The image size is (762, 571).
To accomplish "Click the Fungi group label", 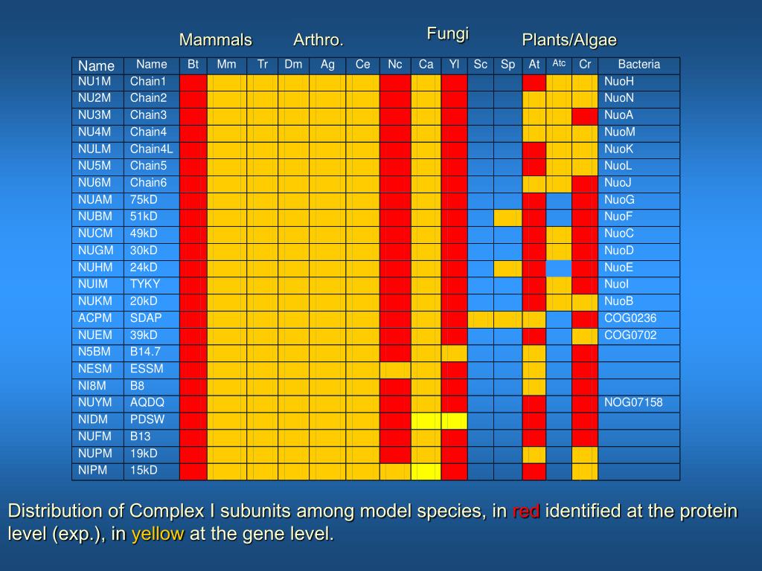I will point(447,33).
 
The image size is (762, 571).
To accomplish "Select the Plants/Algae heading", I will point(569,39).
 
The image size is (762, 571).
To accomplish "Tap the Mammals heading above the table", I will point(215,39).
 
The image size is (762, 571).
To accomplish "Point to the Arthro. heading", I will point(318,39).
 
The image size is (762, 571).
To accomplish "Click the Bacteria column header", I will point(638,65).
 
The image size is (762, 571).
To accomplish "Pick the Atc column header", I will point(559,64).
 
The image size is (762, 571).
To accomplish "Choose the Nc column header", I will point(394,65).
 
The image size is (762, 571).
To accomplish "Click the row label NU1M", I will point(95,81).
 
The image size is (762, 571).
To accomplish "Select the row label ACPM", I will point(95,318).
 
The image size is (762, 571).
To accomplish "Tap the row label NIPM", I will point(94,470).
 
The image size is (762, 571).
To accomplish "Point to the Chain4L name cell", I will point(151,149).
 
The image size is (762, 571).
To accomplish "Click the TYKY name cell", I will point(145,284).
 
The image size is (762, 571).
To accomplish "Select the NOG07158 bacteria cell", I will point(633,402).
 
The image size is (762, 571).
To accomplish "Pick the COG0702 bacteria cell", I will point(630,335).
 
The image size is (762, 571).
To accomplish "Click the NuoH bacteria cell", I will point(619,81).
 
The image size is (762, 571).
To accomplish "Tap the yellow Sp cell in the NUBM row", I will point(508,216).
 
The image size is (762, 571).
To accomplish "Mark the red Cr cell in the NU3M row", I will point(585,115).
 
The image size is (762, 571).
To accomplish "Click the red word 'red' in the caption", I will point(526,512).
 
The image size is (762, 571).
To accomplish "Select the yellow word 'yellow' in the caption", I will point(158,535).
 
